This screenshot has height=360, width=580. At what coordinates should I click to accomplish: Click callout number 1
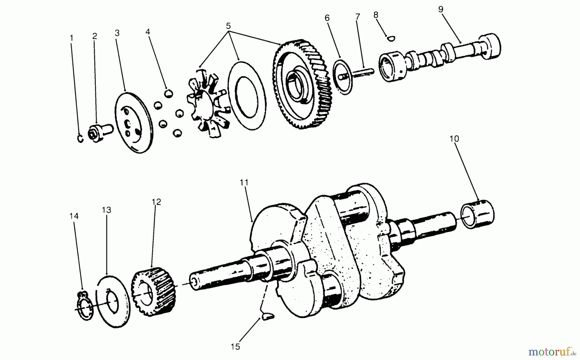(x=72, y=38)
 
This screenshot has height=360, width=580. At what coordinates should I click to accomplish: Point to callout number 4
(x=148, y=32)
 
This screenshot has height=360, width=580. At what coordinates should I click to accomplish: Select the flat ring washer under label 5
(x=247, y=96)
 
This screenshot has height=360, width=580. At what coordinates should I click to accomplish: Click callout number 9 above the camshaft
(x=441, y=9)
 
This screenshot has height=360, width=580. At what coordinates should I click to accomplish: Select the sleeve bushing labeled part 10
(x=478, y=214)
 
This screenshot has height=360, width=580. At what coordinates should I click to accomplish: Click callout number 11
(x=244, y=183)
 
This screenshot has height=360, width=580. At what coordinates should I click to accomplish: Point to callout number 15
(x=235, y=346)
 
